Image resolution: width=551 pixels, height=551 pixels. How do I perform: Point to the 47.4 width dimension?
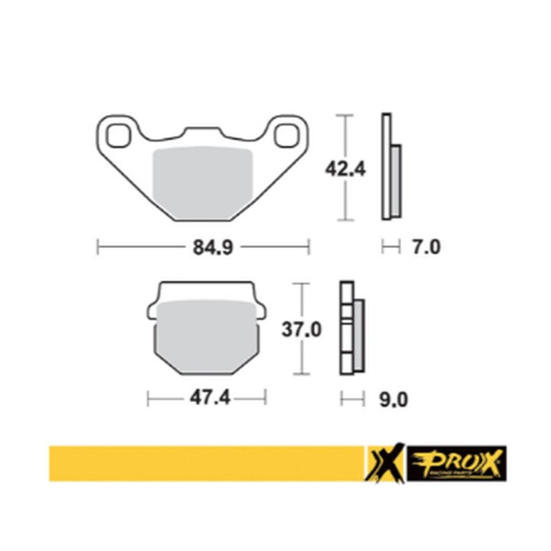205,397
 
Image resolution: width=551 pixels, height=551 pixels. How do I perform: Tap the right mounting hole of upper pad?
285,134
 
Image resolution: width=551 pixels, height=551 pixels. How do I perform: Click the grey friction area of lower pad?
207,337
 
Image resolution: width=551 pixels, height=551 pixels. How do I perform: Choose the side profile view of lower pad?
353,329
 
